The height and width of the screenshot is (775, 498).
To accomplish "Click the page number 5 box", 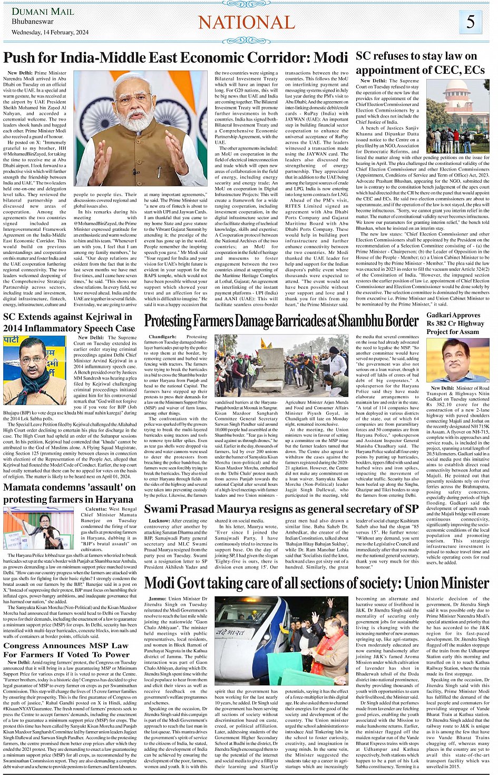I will [470, 22].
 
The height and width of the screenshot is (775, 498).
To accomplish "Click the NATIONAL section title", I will [246, 22].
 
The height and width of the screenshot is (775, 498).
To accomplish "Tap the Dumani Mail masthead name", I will [43, 12].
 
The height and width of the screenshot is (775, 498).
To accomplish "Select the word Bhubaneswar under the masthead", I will [33, 22].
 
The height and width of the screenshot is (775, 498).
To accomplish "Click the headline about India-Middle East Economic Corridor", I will [175, 57].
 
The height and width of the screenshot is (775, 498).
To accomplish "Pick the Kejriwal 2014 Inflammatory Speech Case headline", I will [69, 322].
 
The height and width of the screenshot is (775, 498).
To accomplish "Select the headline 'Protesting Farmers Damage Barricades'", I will [281, 320].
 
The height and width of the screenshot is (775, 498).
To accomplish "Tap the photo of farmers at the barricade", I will [281, 365].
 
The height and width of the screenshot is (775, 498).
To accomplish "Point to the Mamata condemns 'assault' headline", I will [69, 493].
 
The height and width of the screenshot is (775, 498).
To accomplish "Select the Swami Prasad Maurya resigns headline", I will [281, 509].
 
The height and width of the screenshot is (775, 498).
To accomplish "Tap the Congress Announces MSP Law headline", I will [66, 650].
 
